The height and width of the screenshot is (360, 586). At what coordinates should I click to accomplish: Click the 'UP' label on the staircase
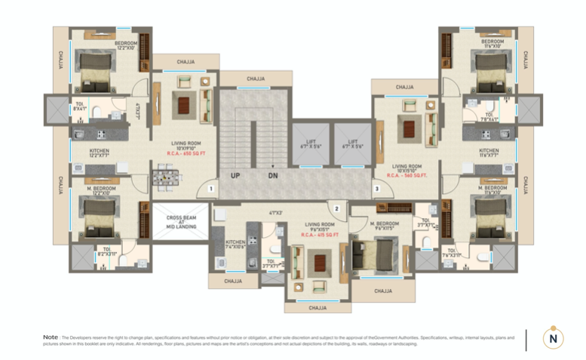click(235, 176)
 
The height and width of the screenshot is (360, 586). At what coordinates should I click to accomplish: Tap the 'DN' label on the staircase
click(272, 176)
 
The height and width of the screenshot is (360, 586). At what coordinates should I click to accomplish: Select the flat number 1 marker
click(212, 189)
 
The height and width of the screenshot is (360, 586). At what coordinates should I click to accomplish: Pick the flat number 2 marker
click(338, 208)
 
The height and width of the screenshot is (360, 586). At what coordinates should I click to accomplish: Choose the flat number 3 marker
click(376, 189)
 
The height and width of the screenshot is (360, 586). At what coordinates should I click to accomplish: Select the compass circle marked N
click(554, 338)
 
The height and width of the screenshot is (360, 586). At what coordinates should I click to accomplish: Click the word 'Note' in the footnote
click(51, 337)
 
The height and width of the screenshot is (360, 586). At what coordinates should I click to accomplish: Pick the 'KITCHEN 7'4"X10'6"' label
click(235, 245)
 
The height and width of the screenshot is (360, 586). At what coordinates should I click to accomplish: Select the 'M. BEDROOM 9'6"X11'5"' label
click(384, 226)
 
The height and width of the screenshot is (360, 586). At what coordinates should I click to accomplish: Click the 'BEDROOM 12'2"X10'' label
click(126, 45)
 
